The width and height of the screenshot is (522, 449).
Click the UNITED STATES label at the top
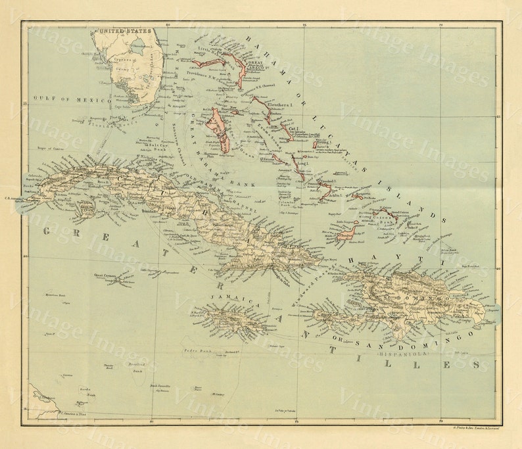click(x=124, y=30)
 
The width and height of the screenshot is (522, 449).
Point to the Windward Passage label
click(x=309, y=287)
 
